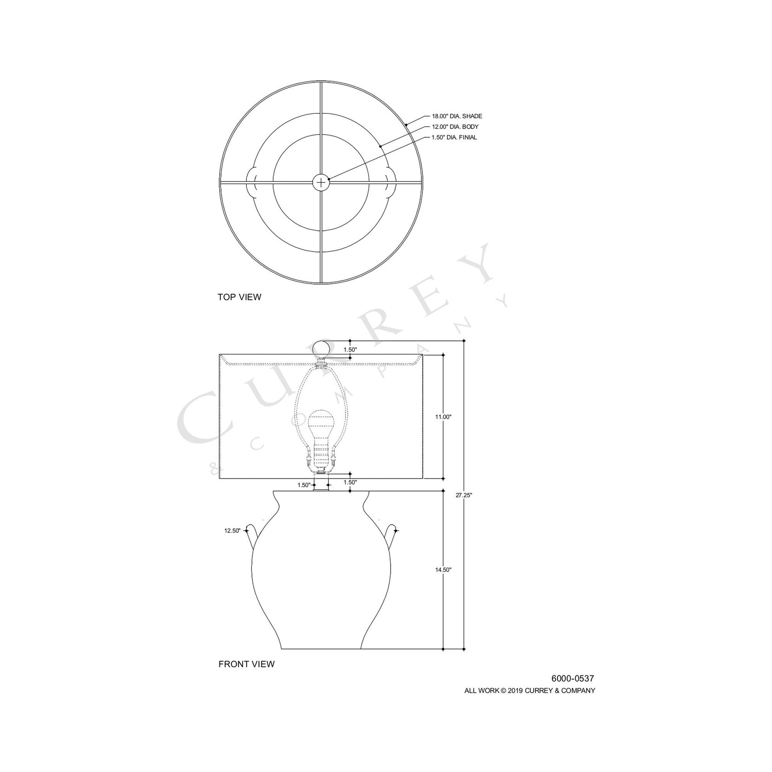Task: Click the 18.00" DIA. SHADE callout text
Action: [457, 116]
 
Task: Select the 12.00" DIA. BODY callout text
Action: [455, 127]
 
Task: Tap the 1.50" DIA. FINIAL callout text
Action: [454, 137]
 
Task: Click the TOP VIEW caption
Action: [239, 297]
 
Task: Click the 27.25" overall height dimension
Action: [464, 495]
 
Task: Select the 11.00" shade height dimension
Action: [443, 417]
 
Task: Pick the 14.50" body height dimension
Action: [443, 570]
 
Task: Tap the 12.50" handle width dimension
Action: [232, 531]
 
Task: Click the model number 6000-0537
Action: [572, 678]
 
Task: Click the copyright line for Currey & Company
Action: [530, 691]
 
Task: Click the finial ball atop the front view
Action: [321, 348]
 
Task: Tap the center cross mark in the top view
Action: [321, 182]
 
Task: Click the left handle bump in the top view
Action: [251, 182]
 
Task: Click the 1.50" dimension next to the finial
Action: [350, 350]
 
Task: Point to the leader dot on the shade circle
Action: [406, 125]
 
